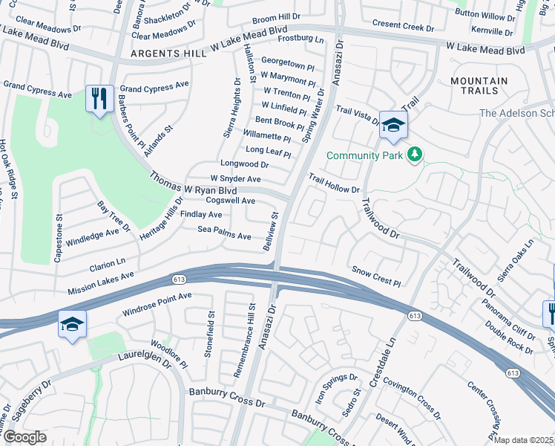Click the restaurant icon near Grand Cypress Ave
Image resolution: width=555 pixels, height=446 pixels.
(x=99, y=98)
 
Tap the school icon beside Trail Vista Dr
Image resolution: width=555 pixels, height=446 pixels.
(x=393, y=125)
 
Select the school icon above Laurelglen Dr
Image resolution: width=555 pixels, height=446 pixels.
(x=72, y=324)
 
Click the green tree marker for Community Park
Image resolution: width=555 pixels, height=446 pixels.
(x=416, y=155)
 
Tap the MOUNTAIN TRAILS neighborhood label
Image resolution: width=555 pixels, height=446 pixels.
(x=479, y=85)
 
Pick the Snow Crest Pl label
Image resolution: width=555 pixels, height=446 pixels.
(x=375, y=276)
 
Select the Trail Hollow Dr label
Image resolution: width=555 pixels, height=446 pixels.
(x=334, y=184)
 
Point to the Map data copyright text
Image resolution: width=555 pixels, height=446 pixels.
(x=523, y=440)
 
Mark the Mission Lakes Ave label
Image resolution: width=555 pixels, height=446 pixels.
(x=100, y=282)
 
